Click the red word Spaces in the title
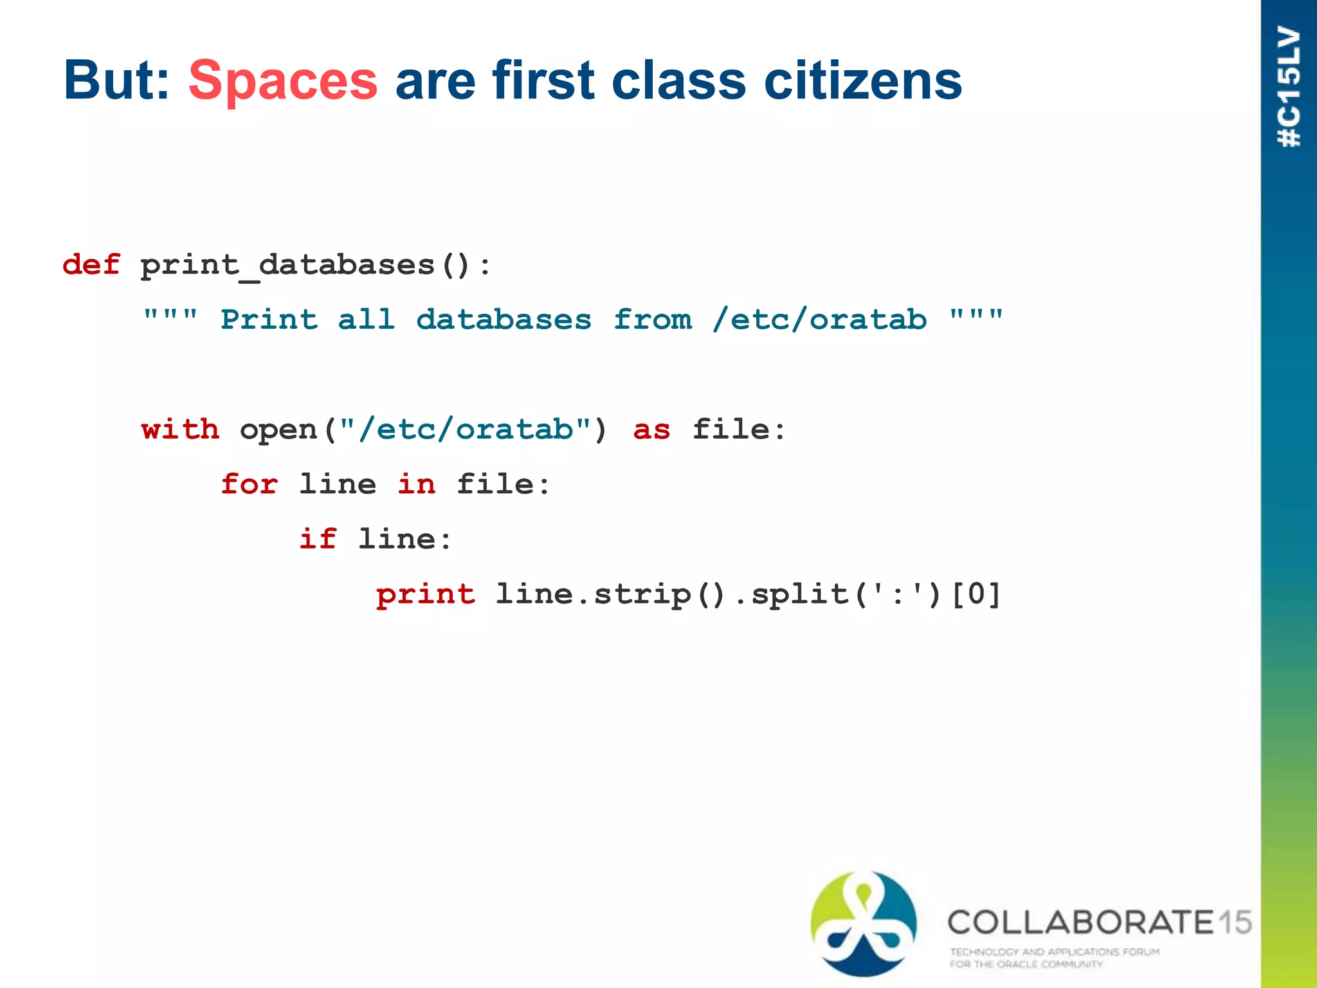(x=283, y=82)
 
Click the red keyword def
(x=91, y=265)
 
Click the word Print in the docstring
(x=269, y=320)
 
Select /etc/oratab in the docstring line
(x=819, y=320)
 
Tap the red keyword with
(x=180, y=429)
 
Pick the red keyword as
(x=651, y=430)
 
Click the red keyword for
(x=249, y=484)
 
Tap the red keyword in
(x=416, y=484)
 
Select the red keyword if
(x=318, y=539)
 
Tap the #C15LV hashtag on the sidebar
(x=1289, y=87)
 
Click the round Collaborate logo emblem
(x=864, y=923)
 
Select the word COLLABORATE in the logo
(x=1081, y=922)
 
